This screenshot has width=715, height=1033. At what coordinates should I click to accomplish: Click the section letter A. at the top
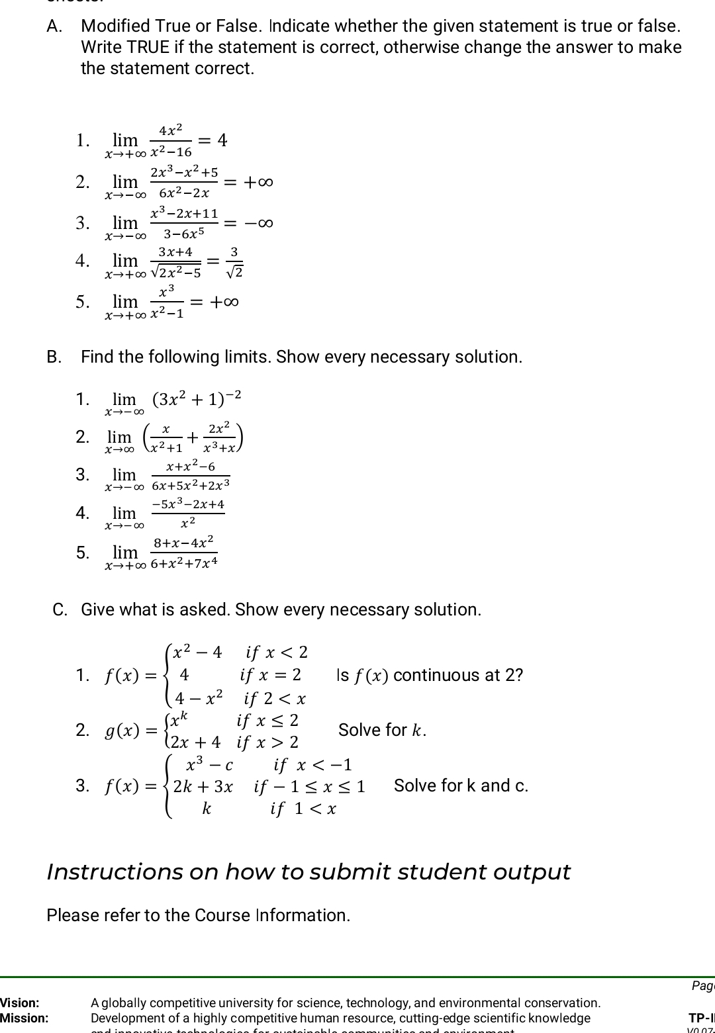pos(55,26)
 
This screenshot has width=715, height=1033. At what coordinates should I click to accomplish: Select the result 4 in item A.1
pos(222,140)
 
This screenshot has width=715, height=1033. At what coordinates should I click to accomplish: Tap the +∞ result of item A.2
pos(258,181)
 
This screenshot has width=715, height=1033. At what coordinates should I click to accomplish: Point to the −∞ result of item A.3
pos(258,222)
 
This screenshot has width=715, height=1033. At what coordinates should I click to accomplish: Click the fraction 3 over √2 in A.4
pos(234,262)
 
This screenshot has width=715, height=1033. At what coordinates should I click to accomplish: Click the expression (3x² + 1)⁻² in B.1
pos(197,399)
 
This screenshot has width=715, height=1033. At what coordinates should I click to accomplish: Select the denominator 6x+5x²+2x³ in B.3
pos(191,485)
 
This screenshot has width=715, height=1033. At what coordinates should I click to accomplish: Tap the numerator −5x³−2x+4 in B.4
pos(188,505)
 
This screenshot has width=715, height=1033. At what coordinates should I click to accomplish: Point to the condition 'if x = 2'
pos(270,675)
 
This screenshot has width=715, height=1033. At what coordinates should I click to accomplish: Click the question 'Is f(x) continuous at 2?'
pos(430,676)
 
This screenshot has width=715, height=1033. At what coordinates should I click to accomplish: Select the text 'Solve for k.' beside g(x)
pos(382,730)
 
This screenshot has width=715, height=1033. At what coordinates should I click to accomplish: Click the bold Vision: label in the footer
pos(20,1003)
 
